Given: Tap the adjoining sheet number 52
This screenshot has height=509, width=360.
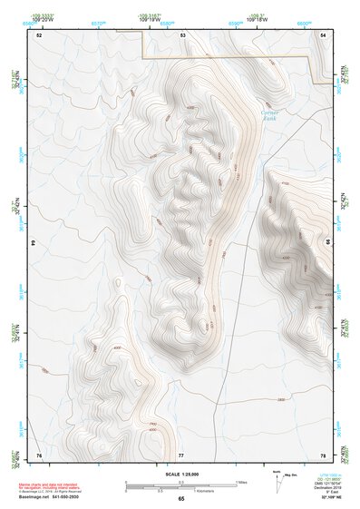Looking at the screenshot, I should tap(39, 34).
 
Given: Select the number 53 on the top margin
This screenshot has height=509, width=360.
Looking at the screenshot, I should tap(182, 34).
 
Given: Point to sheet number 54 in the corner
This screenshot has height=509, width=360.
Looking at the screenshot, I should tap(324, 34).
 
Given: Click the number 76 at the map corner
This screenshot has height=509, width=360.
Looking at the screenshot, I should tap(39, 454).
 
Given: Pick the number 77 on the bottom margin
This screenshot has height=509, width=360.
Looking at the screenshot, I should tap(181, 454).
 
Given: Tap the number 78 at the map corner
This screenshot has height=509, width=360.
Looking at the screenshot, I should tap(323, 454).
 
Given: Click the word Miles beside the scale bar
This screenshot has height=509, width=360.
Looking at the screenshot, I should tap(242, 482).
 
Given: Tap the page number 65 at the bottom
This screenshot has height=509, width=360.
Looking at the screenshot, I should tap(180, 500).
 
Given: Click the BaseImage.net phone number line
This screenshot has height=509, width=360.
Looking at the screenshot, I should tap(50, 497).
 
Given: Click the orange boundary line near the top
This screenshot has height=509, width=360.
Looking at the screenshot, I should tap(227, 57).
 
